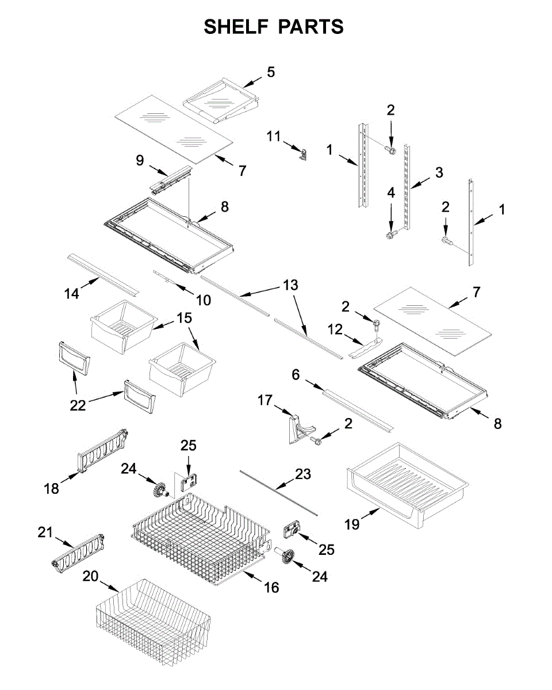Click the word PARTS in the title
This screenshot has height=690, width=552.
point(311,26)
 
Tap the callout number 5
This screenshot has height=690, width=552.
point(270,72)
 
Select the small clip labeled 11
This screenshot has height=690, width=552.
point(304,154)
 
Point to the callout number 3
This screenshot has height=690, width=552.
point(439,172)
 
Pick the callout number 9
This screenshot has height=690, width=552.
point(140,160)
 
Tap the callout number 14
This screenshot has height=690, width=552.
point(71,293)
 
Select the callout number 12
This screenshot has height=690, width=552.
point(335,330)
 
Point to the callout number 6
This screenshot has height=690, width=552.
point(296,374)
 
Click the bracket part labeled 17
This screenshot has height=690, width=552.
point(300,428)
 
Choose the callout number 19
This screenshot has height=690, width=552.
point(352,524)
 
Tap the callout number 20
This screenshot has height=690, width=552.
point(90,576)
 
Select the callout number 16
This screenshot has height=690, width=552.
point(271,587)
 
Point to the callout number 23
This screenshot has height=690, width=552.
point(303,474)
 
